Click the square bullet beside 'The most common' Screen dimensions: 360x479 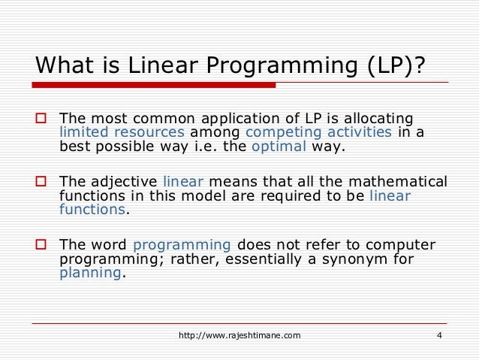[42, 119]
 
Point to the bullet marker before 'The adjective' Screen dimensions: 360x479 [42, 183]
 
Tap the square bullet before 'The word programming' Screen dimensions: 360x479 [42, 246]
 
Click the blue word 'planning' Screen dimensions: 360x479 [90, 273]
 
